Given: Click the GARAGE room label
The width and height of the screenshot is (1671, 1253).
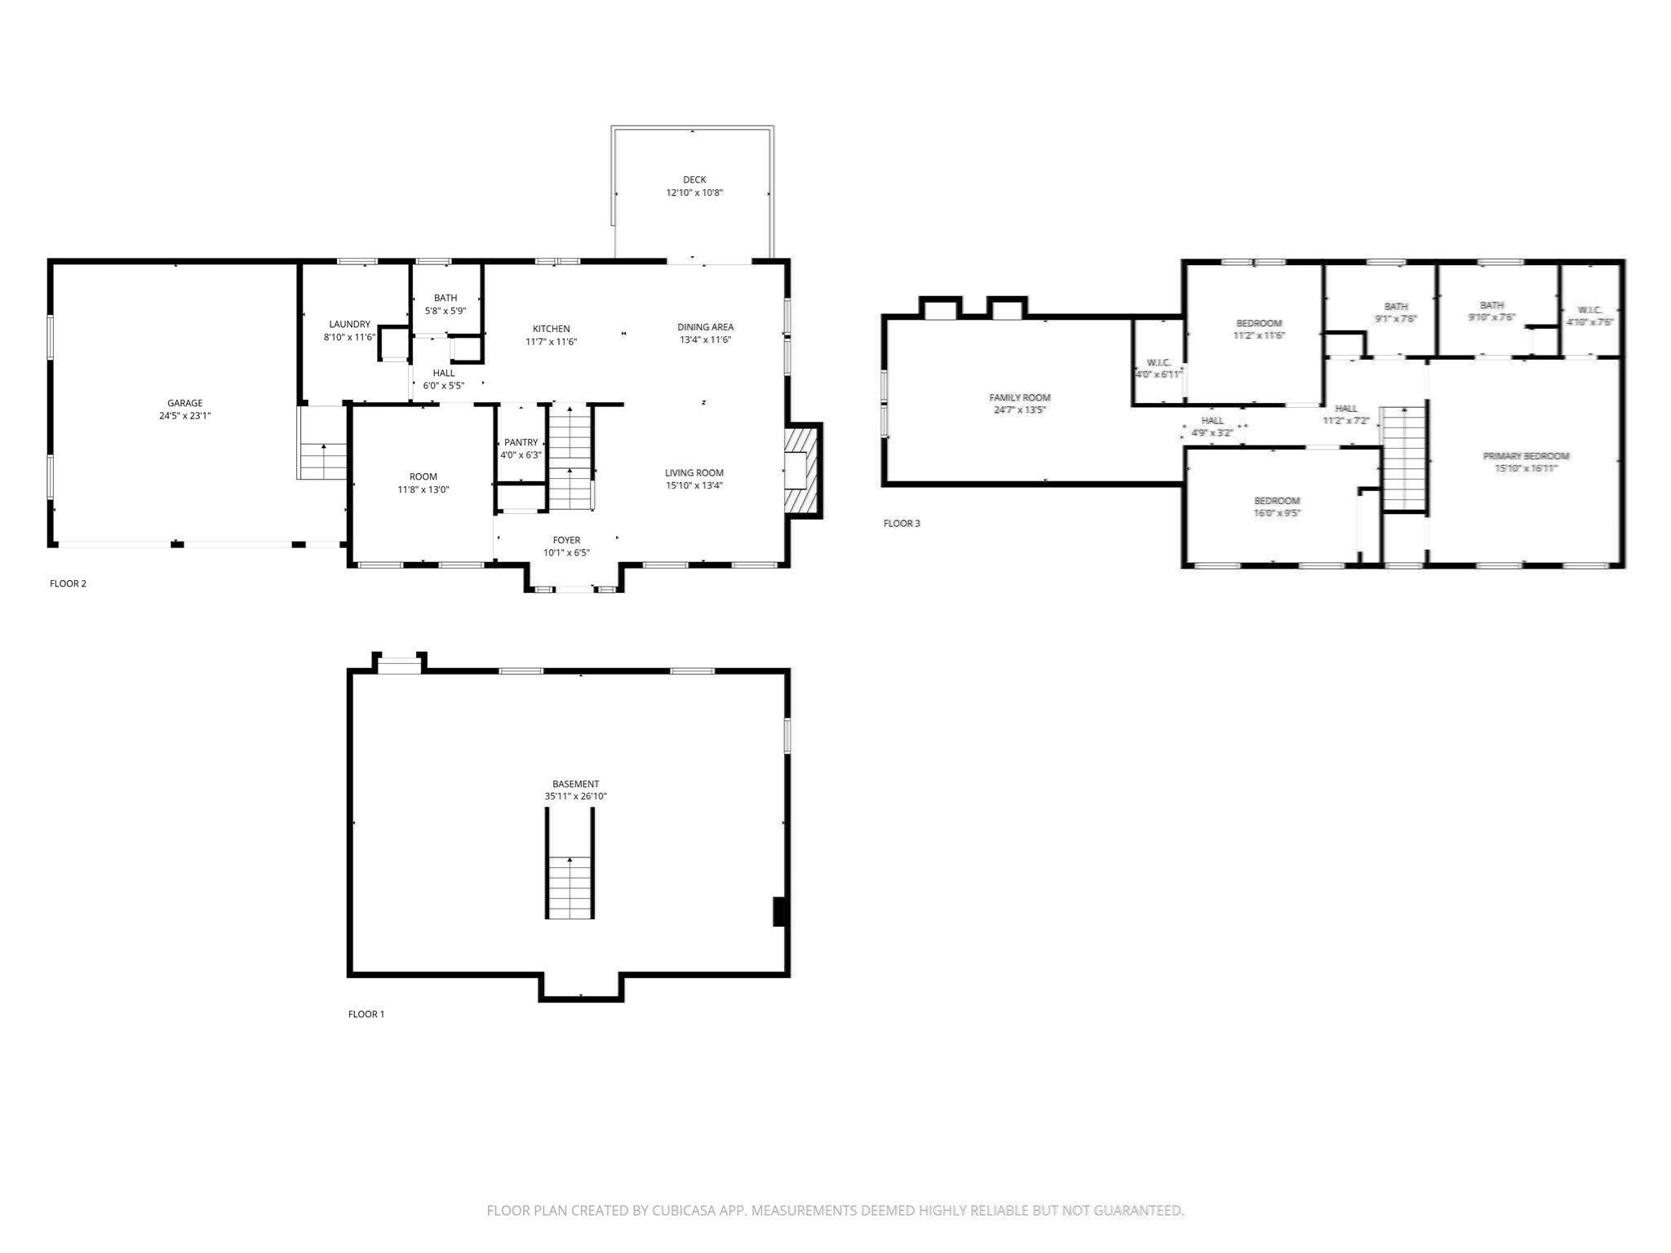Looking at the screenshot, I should (184, 403).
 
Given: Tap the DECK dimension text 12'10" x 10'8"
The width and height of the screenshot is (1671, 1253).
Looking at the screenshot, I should (694, 193).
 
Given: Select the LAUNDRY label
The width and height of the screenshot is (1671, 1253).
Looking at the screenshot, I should (349, 325).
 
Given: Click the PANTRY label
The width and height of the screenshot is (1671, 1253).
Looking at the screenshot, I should (521, 443).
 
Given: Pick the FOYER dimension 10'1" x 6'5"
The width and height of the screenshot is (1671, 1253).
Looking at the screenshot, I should (566, 552).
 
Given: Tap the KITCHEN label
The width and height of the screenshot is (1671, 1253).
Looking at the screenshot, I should (551, 330).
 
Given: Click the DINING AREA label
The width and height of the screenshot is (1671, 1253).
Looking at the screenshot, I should (705, 327).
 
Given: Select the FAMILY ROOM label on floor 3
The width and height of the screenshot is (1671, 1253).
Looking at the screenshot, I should (1019, 398).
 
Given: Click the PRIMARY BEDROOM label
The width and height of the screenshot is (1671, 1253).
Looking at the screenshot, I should (1526, 456).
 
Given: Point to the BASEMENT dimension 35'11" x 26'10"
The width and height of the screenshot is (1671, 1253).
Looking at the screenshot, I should (575, 796).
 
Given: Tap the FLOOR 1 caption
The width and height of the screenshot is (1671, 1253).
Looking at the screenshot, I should (366, 1014).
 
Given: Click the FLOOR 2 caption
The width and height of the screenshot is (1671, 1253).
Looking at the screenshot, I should (68, 583).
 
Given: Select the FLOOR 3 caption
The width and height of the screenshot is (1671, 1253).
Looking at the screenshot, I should (902, 523).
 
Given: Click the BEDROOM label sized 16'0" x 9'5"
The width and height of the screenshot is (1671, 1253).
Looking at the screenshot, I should (1276, 501).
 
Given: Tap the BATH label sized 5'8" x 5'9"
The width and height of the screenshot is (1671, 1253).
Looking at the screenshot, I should (445, 298).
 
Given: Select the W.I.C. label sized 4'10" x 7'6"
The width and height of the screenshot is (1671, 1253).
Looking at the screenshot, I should (1589, 310).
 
